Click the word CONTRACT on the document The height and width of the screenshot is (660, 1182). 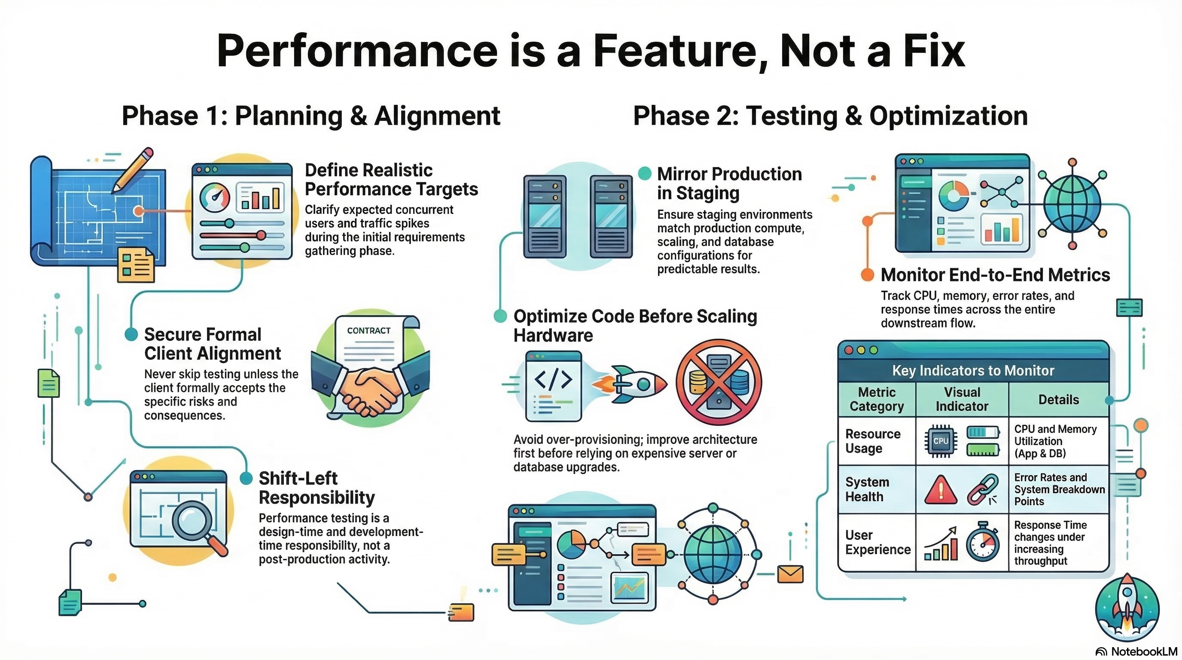tap(369, 330)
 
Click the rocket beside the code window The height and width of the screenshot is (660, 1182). tap(631, 384)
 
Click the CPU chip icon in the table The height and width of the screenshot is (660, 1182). tap(940, 441)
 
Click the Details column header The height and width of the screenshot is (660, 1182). tap(1058, 399)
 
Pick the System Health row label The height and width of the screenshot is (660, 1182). tap(867, 489)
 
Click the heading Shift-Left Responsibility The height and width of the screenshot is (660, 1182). tap(317, 488)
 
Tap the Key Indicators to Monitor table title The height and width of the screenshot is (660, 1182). tap(973, 370)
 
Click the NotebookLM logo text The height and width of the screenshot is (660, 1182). tap(1143, 651)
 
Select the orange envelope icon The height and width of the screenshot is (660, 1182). tap(790, 574)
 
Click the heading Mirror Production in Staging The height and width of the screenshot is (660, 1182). tap(729, 183)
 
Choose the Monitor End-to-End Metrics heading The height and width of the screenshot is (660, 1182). tap(995, 275)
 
